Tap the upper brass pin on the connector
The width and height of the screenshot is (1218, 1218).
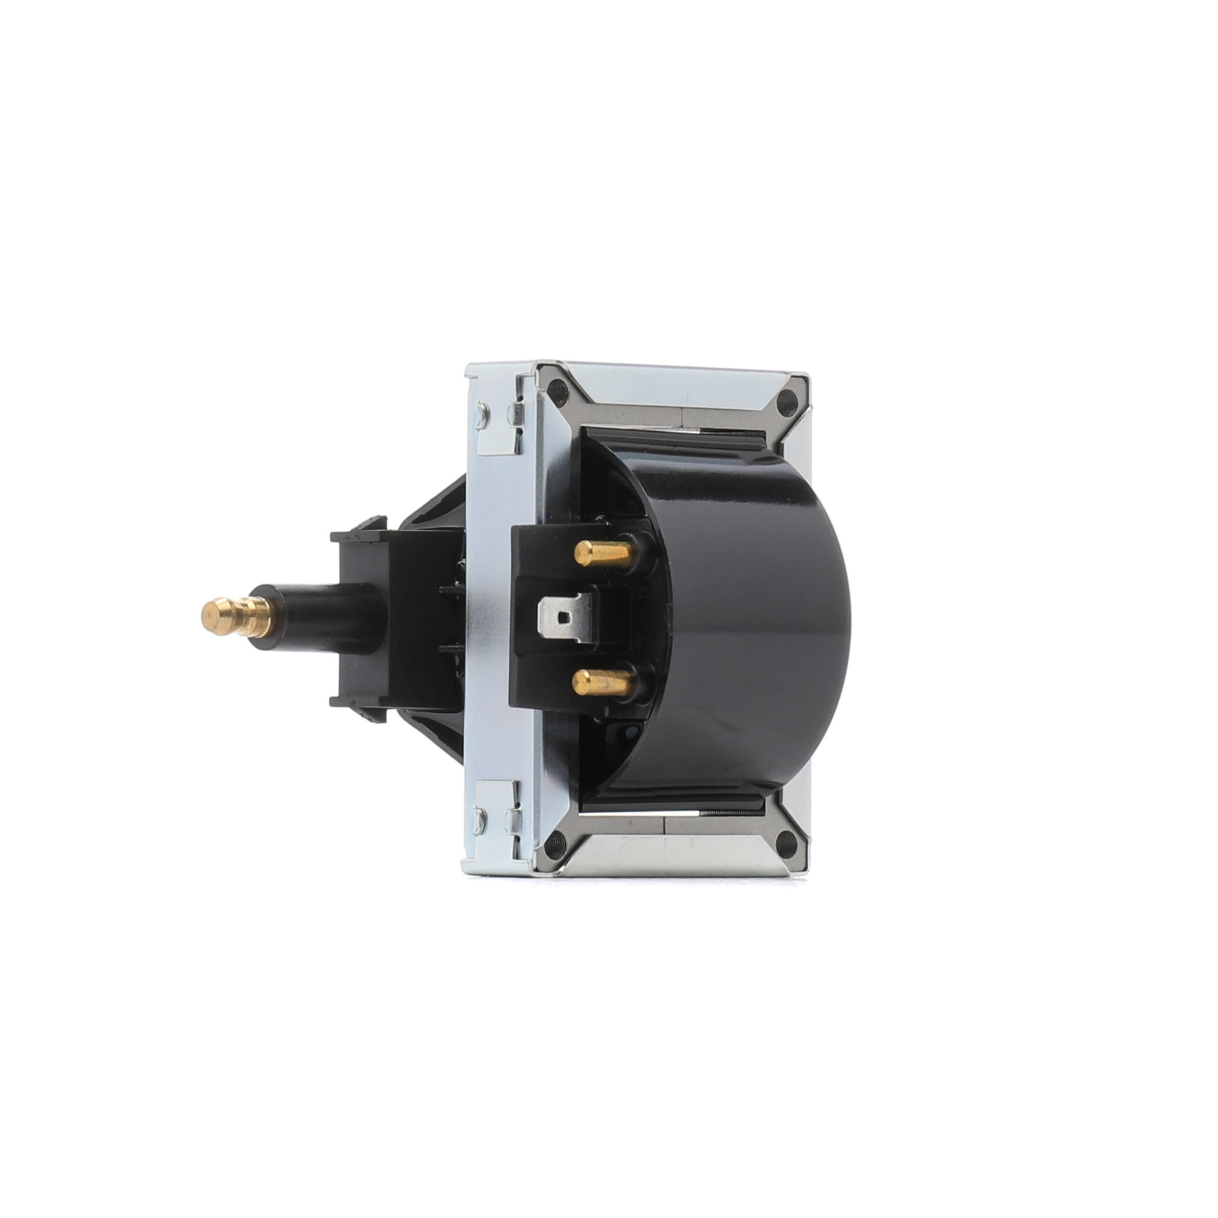click(x=602, y=553)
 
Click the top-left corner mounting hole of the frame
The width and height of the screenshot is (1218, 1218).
click(x=555, y=390)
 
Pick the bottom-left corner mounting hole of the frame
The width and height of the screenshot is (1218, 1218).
click(x=554, y=844)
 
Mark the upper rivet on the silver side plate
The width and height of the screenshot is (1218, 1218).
click(x=481, y=414)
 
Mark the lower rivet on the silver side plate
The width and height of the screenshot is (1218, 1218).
click(x=481, y=817)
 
